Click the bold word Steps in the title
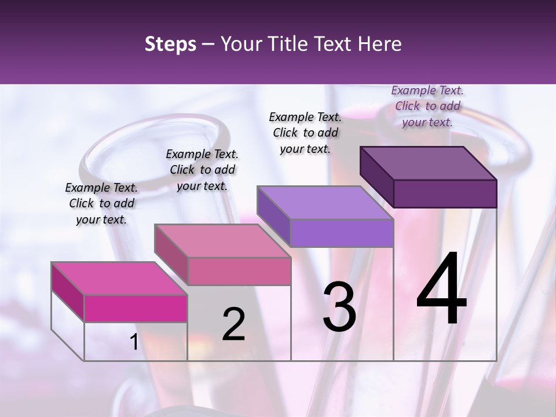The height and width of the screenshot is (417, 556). pyautogui.click(x=170, y=44)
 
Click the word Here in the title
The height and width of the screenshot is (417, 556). pyautogui.click(x=379, y=44)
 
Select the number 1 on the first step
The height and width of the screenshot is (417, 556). pyautogui.click(x=134, y=342)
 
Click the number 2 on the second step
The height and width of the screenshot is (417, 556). pyautogui.click(x=233, y=325)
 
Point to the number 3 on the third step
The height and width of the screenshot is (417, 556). pyautogui.click(x=339, y=307)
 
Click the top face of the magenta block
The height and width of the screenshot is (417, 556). pyautogui.click(x=119, y=279)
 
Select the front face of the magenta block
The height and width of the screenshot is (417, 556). pyautogui.click(x=136, y=308)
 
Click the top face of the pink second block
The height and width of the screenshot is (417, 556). pyautogui.click(x=222, y=241)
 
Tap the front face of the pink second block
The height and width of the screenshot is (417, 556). pyautogui.click(x=239, y=271)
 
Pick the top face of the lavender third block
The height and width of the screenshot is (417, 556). pyautogui.click(x=325, y=203)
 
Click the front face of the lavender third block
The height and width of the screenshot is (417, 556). pyautogui.click(x=342, y=233)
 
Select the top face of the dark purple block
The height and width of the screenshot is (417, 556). pyautogui.click(x=429, y=163)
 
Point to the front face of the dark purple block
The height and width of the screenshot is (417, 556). pyautogui.click(x=445, y=193)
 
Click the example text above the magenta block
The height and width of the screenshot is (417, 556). pyautogui.click(x=101, y=203)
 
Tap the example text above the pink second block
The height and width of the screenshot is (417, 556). pyautogui.click(x=202, y=170)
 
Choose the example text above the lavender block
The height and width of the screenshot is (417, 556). pyautogui.click(x=305, y=133)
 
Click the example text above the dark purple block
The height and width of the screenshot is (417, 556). pyautogui.click(x=427, y=106)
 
